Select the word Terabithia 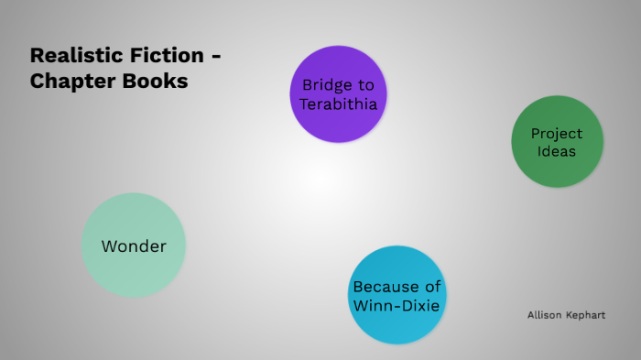(x=338, y=103)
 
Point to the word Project (x=557, y=134)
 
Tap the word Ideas (x=557, y=151)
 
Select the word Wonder (x=134, y=246)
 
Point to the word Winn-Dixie (x=397, y=304)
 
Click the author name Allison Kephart (x=566, y=315)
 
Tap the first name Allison (x=545, y=315)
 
